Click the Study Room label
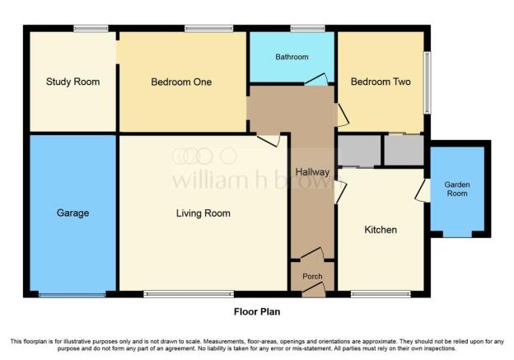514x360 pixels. click(72, 82)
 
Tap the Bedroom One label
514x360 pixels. click(181, 82)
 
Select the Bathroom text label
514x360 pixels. click(292, 57)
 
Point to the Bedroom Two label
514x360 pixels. click(381, 82)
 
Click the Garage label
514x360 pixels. click(72, 213)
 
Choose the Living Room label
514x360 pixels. click(203, 213)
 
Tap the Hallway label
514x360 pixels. click(312, 172)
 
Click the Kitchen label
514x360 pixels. click(381, 230)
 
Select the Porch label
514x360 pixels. click(312, 277)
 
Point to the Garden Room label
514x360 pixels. click(457, 189)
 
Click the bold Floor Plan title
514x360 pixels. click(257, 311)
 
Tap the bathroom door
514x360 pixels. click(316, 80)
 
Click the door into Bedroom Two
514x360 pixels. click(343, 115)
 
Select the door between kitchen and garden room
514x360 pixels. click(423, 190)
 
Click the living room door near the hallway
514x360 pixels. click(269, 139)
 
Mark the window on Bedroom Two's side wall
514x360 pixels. click(428, 82)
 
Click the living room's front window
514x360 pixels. click(189, 294)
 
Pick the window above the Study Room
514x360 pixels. click(91, 29)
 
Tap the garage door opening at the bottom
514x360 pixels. click(72, 295)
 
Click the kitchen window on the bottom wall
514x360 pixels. click(381, 294)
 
